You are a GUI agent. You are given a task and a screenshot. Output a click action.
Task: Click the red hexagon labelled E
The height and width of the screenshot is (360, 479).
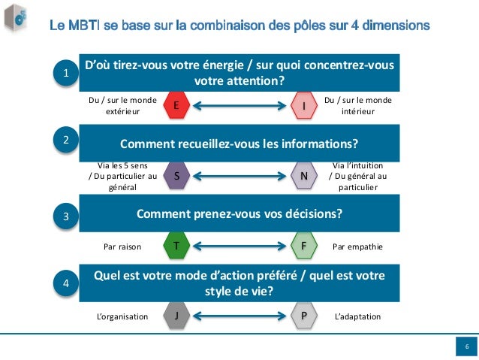tap(176, 107)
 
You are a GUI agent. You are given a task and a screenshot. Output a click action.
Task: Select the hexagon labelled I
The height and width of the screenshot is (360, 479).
tap(303, 107)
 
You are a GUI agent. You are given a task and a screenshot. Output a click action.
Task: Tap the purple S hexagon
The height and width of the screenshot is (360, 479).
tap(176, 176)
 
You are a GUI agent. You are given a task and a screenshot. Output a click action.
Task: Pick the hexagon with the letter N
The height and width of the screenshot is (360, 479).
tap(303, 176)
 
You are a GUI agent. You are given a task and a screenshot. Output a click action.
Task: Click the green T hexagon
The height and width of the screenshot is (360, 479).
tap(176, 246)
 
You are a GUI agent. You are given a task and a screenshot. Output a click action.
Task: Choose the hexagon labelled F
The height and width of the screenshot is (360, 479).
tap(303, 246)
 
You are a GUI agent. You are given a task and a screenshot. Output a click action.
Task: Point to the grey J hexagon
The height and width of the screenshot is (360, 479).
tap(176, 316)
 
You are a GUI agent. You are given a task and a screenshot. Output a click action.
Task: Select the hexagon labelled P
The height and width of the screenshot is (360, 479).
tap(303, 316)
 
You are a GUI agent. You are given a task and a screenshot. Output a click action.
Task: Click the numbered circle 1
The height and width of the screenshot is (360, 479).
tap(66, 73)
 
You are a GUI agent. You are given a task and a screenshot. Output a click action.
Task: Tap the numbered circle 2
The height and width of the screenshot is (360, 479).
tap(66, 140)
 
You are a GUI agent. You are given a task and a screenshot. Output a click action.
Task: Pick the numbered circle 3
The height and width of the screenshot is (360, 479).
tap(66, 216)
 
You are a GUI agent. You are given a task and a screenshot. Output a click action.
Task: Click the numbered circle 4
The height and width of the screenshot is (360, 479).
tap(66, 284)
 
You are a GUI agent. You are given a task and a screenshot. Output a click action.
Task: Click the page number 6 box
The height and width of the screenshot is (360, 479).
tap(466, 346)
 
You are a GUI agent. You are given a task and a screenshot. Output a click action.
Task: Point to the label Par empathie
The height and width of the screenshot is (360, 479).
tap(357, 246)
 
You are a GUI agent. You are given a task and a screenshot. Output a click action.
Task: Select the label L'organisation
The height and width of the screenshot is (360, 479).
tap(122, 316)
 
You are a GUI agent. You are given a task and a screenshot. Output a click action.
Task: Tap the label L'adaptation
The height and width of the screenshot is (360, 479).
tap(357, 316)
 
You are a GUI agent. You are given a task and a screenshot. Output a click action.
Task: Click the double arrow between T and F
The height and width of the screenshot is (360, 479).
tap(239, 246)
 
